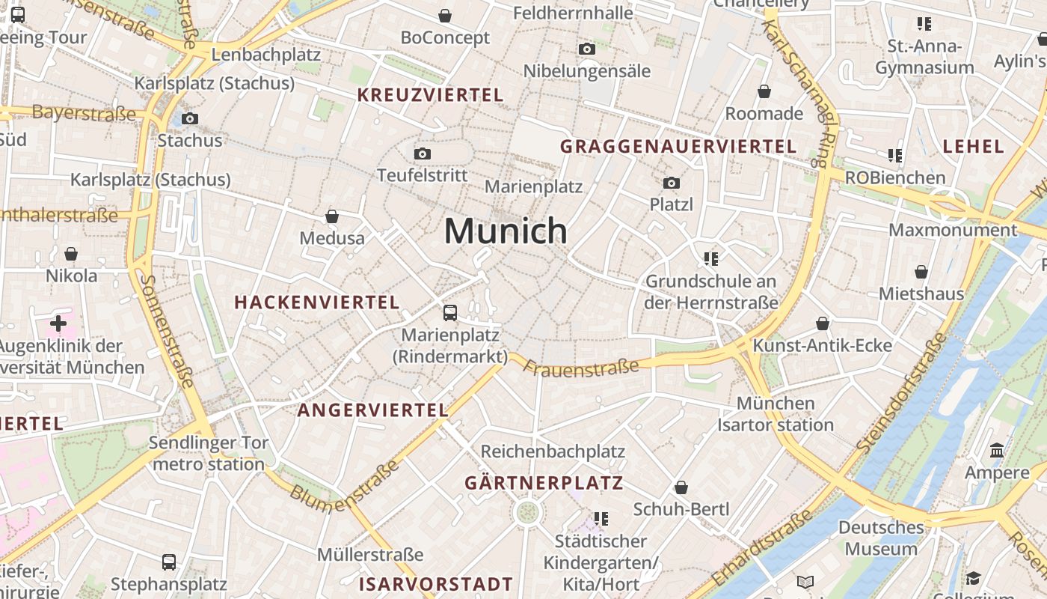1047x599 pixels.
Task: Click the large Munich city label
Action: point(506,231)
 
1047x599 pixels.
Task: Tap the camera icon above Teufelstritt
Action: point(423,153)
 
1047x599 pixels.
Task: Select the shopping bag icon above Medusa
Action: point(332,216)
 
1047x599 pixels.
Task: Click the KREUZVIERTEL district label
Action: point(430,95)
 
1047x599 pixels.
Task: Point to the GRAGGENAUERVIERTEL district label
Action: point(678,146)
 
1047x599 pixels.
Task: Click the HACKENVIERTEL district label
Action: point(317,302)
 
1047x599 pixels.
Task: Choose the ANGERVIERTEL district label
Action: point(372,410)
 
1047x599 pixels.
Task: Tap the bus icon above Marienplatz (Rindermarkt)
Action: point(450,312)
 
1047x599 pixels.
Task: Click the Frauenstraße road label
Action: point(581,367)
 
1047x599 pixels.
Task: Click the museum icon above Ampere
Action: point(997,451)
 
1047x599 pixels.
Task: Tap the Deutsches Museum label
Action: point(881,538)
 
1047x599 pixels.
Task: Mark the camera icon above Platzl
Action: point(672,183)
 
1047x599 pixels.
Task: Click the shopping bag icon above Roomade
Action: point(764,91)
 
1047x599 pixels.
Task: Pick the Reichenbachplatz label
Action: point(553,451)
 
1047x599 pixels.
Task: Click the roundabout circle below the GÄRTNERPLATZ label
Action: point(527,513)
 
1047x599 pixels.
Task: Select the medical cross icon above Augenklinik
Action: point(58,323)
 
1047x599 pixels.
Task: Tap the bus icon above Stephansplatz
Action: point(169,562)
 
